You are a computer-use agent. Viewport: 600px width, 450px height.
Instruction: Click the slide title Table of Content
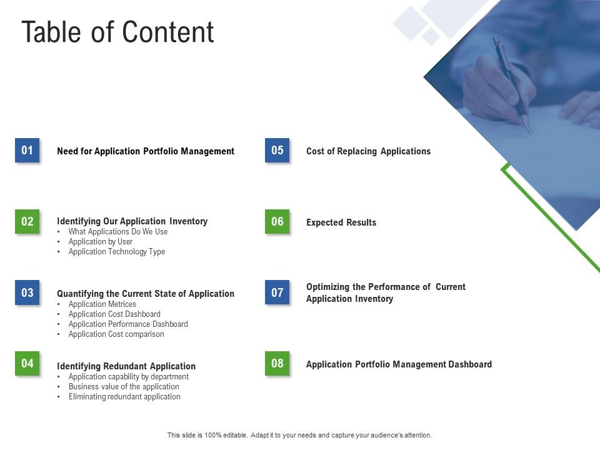117,32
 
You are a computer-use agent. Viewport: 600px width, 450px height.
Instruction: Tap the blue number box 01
27,150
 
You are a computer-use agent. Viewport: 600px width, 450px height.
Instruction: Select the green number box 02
27,221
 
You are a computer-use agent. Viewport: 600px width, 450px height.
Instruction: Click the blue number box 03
27,292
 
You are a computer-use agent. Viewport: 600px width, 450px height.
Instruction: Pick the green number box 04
27,363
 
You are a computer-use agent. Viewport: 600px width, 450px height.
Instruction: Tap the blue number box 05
277,150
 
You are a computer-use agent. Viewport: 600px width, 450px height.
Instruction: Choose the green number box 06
277,221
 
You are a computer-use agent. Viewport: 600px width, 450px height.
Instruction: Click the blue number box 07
277,292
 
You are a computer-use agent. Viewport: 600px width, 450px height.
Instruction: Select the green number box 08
277,363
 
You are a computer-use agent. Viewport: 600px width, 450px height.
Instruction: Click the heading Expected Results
341,222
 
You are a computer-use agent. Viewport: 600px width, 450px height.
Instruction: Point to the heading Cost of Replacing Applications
368,151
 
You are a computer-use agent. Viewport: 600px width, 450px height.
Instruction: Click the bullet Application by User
101,242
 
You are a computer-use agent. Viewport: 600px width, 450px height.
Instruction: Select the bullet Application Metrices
102,304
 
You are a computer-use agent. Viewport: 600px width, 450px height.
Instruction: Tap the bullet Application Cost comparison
116,334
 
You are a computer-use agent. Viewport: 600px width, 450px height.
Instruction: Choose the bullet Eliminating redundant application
124,397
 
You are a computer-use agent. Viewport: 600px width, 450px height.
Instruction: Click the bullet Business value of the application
124,387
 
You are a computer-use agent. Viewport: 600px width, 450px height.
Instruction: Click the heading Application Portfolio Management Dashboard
399,364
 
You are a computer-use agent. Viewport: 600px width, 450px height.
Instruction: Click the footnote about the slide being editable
299,435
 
